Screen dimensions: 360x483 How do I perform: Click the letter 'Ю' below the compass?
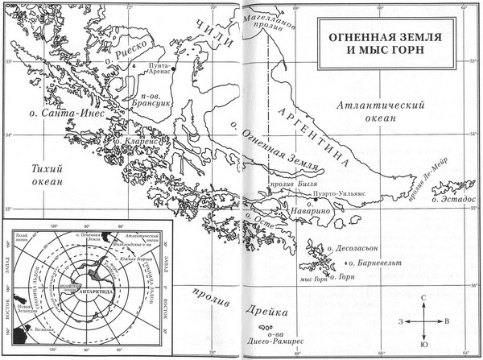tap(423, 345)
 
